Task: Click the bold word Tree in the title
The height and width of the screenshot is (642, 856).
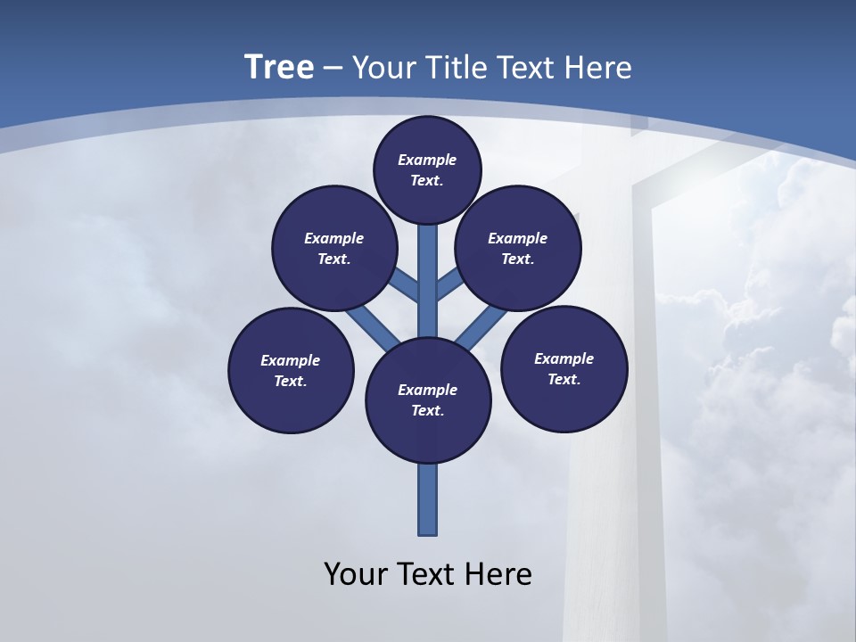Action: (x=279, y=67)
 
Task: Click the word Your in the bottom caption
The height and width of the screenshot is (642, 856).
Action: (x=355, y=573)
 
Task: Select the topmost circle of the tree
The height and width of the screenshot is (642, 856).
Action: (x=427, y=169)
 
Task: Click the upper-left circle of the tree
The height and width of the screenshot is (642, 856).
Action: (x=334, y=248)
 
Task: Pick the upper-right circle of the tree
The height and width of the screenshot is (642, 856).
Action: (x=518, y=248)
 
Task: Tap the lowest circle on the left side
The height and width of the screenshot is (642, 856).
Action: (x=291, y=370)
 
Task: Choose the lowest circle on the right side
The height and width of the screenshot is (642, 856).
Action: (x=564, y=368)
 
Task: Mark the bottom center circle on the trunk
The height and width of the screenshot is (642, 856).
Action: (x=428, y=400)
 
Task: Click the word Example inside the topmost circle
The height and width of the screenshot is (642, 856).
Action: (x=427, y=160)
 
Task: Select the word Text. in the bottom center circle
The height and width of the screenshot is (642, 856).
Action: (x=427, y=411)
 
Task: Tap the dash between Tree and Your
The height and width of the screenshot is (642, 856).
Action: (x=333, y=68)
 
